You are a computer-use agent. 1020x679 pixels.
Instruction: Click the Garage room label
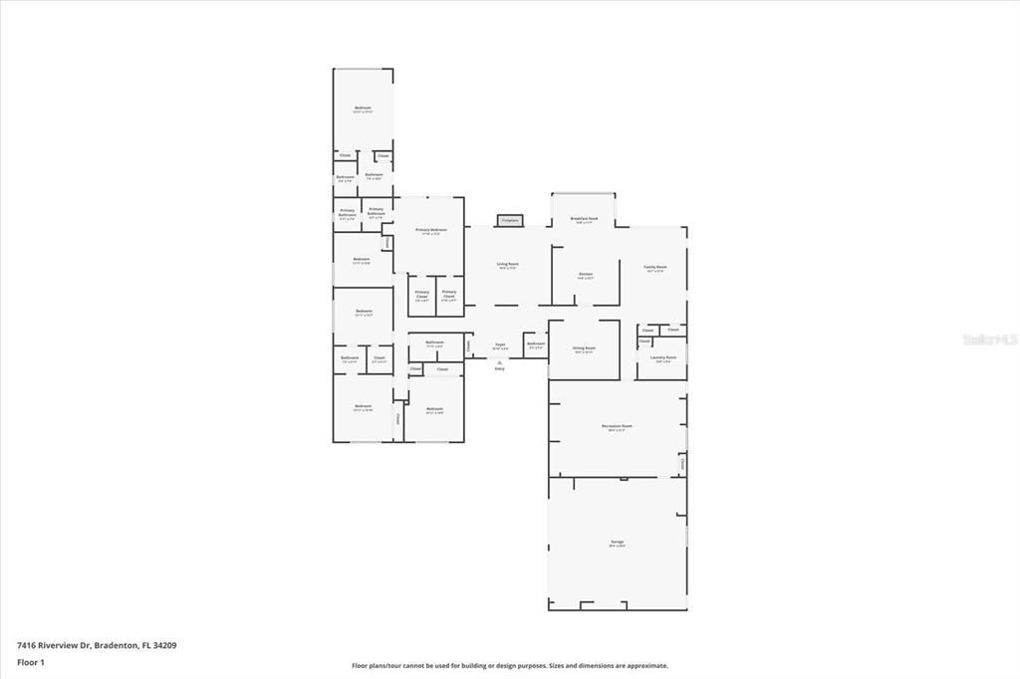[x=618, y=542]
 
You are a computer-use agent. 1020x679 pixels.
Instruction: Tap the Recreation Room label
[x=618, y=426]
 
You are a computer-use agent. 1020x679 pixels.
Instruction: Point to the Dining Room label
[x=583, y=348]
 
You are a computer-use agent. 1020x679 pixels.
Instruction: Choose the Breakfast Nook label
[x=584, y=218]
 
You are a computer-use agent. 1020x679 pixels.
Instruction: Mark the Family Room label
[x=655, y=267]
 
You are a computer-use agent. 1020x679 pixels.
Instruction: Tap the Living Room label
[x=508, y=265]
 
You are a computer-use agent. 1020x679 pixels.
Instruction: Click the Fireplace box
[x=510, y=220]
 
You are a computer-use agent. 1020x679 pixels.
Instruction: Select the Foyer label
[x=500, y=345]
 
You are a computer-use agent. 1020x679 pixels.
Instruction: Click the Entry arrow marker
[x=500, y=365]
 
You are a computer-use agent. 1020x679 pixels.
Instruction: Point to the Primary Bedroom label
[x=431, y=230]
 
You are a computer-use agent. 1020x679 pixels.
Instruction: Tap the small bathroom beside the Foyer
[x=535, y=344]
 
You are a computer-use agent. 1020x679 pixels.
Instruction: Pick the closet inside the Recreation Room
[x=682, y=464]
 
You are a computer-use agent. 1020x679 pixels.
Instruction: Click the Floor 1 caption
[x=31, y=661]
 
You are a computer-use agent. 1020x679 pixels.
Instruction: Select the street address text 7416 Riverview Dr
[x=54, y=645]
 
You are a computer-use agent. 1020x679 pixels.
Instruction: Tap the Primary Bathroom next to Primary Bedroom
[x=376, y=211]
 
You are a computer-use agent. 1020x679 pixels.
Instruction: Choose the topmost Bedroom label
[x=363, y=109]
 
